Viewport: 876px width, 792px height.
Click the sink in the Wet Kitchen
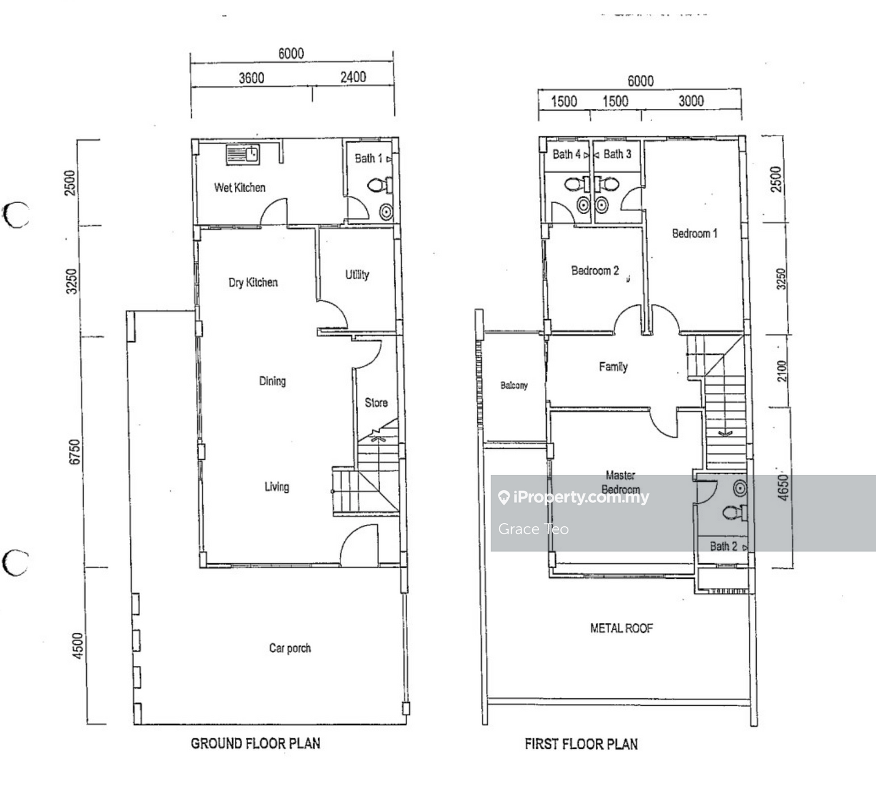pos(243,155)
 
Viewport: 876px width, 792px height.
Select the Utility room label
pos(357,275)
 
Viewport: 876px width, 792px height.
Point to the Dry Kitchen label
pos(253,283)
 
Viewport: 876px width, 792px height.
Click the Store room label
pos(376,402)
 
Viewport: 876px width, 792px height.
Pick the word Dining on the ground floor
pos(273,381)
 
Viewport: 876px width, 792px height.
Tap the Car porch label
pos(290,648)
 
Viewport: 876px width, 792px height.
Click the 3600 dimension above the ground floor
pos(251,78)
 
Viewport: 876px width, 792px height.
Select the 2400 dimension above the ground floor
pos(353,77)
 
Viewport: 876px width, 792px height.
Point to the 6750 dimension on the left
pos(75,452)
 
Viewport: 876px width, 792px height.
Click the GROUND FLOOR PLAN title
pos(255,743)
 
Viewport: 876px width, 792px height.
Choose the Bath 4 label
pos(567,154)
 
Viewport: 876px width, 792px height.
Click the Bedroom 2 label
pos(595,271)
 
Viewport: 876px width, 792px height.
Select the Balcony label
pos(514,385)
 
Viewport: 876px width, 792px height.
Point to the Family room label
pos(613,367)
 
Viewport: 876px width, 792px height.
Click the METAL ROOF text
pos(621,628)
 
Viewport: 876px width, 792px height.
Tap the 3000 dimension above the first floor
pos(691,101)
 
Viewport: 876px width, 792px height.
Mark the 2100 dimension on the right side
pos(782,371)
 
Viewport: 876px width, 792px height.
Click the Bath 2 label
pos(723,546)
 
